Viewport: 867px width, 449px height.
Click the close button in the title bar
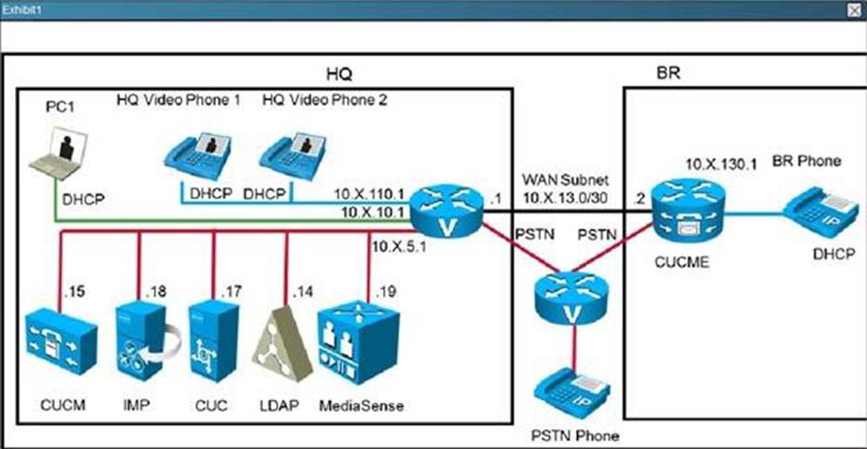coord(853,10)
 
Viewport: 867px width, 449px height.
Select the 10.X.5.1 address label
coord(395,246)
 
